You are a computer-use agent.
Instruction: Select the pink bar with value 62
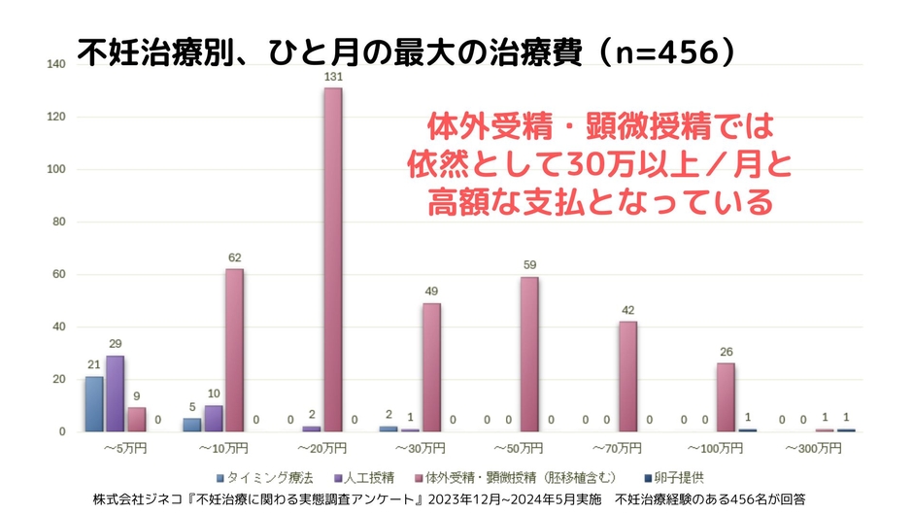click(x=234, y=350)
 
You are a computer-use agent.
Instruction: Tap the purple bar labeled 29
click(x=115, y=394)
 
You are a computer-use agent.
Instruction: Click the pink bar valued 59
click(x=529, y=354)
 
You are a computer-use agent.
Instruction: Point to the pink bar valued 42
click(x=627, y=376)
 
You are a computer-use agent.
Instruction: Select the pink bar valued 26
click(x=726, y=397)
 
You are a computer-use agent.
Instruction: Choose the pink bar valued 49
click(x=431, y=367)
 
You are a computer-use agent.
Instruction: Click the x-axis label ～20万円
click(x=322, y=450)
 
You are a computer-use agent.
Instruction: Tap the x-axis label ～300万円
click(x=814, y=450)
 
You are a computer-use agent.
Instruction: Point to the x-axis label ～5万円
click(x=124, y=450)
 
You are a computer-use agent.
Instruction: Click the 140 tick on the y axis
click(x=56, y=64)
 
